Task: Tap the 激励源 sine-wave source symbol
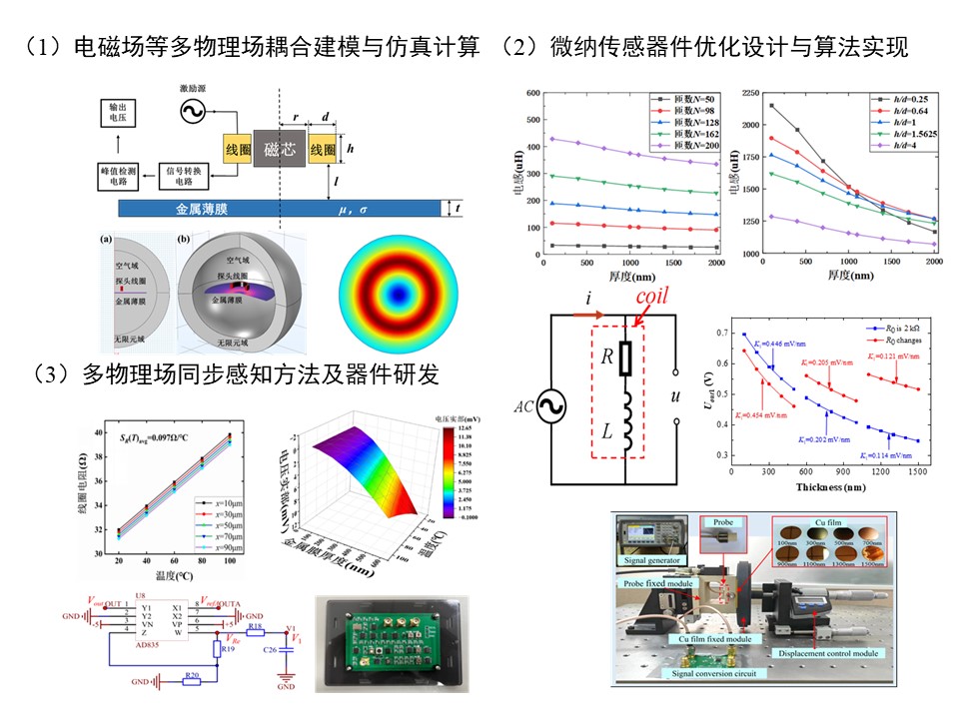pos(188,113)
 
